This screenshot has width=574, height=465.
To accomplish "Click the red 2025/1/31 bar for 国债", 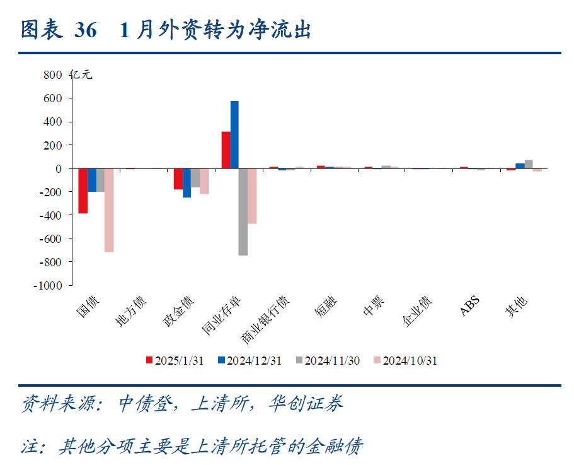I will pyautogui.click(x=83, y=191).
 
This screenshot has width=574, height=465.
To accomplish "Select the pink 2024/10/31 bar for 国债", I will pyautogui.click(x=109, y=210).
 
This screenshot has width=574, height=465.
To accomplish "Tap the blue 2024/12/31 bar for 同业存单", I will pyautogui.click(x=234, y=134).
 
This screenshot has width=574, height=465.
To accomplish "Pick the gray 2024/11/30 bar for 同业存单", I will pyautogui.click(x=243, y=212).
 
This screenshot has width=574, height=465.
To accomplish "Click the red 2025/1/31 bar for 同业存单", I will pyautogui.click(x=226, y=150).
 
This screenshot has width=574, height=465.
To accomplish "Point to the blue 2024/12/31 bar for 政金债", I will pyautogui.click(x=187, y=183).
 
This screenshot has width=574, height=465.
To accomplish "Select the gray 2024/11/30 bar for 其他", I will pyautogui.click(x=529, y=164).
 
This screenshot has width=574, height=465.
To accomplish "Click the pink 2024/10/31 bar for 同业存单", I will pyautogui.click(x=252, y=196).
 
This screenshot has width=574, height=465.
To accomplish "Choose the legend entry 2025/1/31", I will pyautogui.click(x=175, y=361).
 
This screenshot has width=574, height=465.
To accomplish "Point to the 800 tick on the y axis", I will pyautogui.click(x=53, y=75).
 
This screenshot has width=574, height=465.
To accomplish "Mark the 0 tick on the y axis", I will pyautogui.click(x=59, y=168).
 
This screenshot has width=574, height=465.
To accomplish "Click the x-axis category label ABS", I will pyautogui.click(x=470, y=307).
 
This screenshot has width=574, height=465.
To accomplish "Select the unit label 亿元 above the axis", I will pyautogui.click(x=82, y=75).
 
